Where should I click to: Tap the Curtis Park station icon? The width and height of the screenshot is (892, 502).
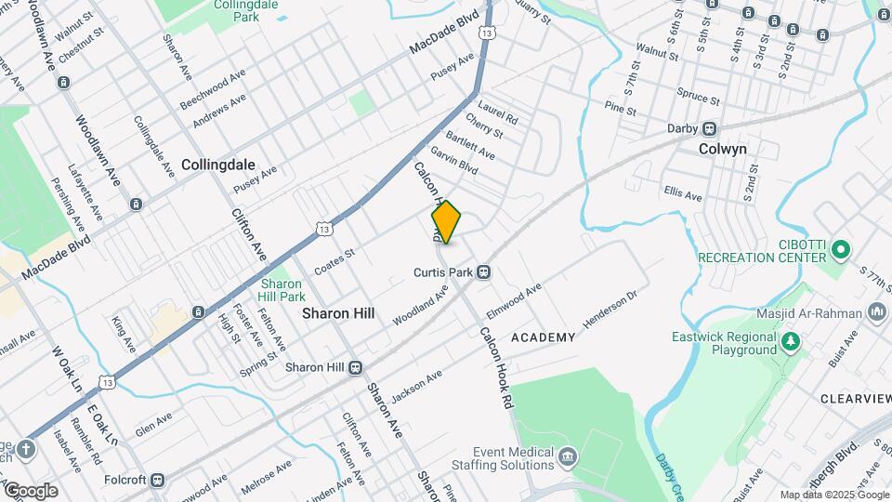[x=483, y=272]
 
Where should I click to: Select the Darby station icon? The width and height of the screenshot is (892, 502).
[x=709, y=128]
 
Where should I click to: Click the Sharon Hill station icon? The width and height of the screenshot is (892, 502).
[x=355, y=367]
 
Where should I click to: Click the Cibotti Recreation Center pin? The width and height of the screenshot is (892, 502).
[x=841, y=249]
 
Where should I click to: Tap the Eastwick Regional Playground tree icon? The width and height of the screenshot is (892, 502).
[x=790, y=342]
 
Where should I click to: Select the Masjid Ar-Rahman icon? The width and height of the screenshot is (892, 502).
[x=876, y=312]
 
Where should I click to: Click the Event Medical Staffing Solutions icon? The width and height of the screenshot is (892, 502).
[x=569, y=456]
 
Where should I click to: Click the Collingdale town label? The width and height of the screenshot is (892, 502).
[x=218, y=164]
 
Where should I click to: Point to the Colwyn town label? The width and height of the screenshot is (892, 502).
[x=723, y=149]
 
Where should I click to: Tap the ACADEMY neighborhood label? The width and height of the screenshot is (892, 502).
[x=544, y=337]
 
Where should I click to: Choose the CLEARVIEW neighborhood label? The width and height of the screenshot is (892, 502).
[x=856, y=398]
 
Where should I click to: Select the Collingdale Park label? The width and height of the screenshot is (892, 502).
[x=221, y=11]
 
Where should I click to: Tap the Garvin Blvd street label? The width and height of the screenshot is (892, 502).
[x=453, y=163]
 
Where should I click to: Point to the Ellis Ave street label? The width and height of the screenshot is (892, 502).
[x=683, y=195]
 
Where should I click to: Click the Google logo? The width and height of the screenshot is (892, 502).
[x=30, y=490]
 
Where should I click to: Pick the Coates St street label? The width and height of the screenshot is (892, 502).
[x=335, y=254]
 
